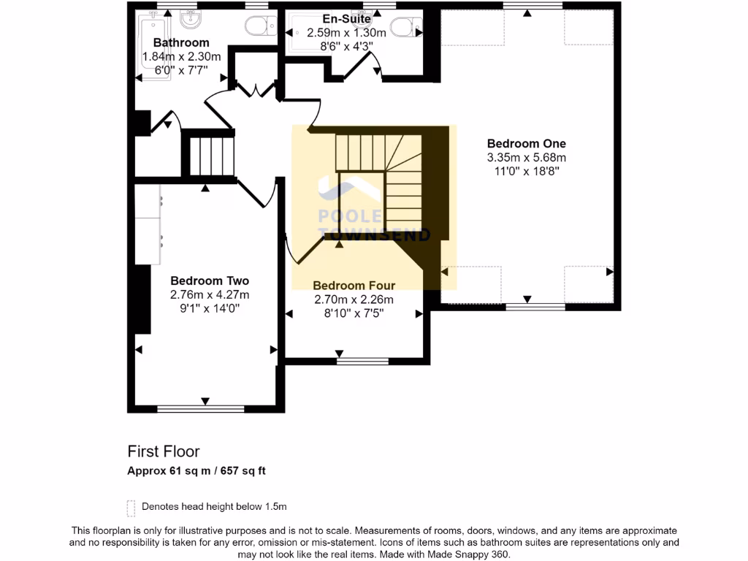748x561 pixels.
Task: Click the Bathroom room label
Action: [x=181, y=43]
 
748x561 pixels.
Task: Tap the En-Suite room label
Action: [x=346, y=19]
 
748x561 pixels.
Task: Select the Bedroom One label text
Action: [x=526, y=144]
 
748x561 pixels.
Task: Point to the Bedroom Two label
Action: [x=210, y=280]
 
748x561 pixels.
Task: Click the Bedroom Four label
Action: [x=354, y=286]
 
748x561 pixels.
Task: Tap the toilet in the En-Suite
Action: [x=404, y=28]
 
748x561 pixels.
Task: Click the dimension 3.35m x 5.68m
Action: [x=526, y=158]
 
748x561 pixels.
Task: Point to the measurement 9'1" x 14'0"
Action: [x=210, y=309]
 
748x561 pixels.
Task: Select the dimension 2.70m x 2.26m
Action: [x=354, y=299]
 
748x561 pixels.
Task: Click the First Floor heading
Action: [x=164, y=451]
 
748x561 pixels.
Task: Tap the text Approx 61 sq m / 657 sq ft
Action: [x=196, y=471]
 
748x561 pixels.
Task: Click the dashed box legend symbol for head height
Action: [x=131, y=507]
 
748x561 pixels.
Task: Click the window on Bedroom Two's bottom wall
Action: [x=206, y=409]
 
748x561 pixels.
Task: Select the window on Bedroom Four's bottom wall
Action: [x=362, y=361]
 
